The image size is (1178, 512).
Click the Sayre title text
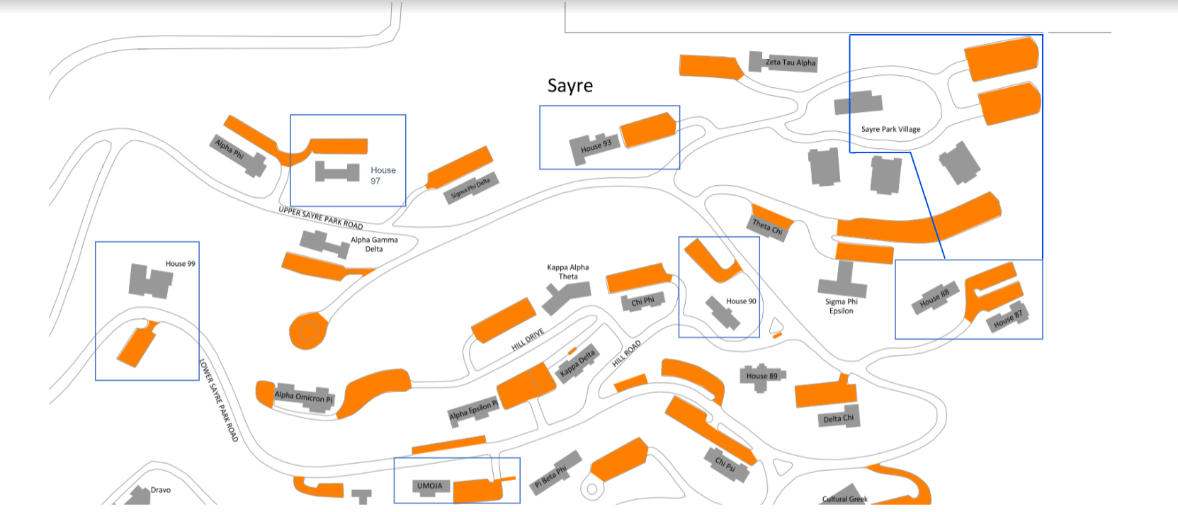pyautogui.click(x=570, y=86)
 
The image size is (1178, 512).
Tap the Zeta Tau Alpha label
pyautogui.click(x=791, y=62)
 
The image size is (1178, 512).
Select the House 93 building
pyautogui.click(x=595, y=149)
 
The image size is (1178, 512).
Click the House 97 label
pyautogui.click(x=383, y=175)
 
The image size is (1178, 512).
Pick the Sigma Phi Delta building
pyautogui.click(x=471, y=187)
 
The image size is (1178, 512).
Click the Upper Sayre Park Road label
pyautogui.click(x=321, y=218)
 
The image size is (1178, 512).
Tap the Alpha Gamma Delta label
pyautogui.click(x=374, y=244)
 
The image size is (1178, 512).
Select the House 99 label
pyautogui.click(x=181, y=264)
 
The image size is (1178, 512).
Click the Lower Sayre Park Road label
pyautogui.click(x=218, y=400)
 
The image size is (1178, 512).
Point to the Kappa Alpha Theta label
pyautogui.click(x=568, y=272)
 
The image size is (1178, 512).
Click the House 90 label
pyautogui.click(x=741, y=301)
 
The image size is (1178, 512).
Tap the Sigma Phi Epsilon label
pyautogui.click(x=842, y=306)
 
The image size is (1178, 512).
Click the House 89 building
pyautogui.click(x=761, y=377)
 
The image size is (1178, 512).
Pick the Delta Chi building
pyautogui.click(x=838, y=417)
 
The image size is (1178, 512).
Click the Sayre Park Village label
pyautogui.click(x=891, y=129)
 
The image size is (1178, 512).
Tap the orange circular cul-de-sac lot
pyautogui.click(x=309, y=331)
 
